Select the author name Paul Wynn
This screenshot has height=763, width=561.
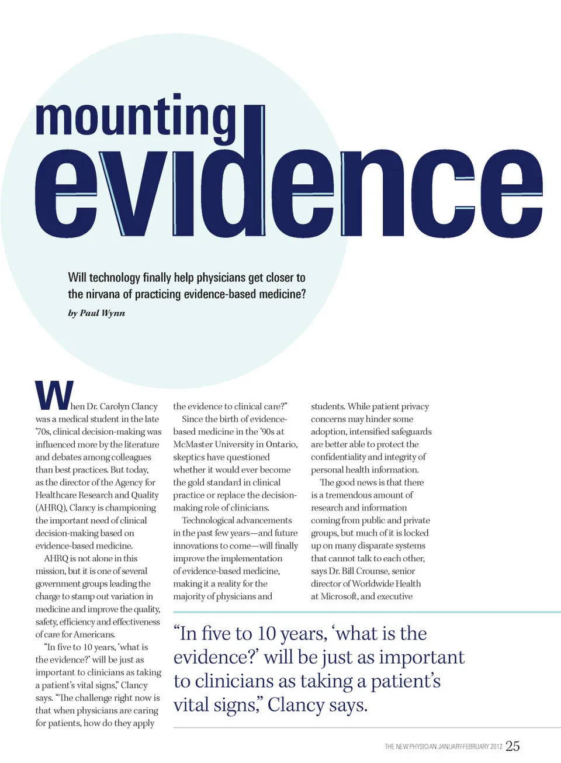(x=102, y=313)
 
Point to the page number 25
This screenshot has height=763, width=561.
(x=512, y=745)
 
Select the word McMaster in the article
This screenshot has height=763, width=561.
(x=193, y=444)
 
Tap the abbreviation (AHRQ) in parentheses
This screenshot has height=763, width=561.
(x=51, y=507)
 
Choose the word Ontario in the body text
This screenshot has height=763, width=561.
(x=281, y=444)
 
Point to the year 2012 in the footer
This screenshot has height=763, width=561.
(x=496, y=747)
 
